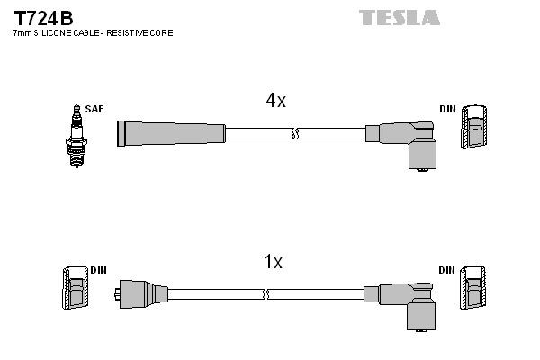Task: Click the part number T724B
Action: [x=43, y=17]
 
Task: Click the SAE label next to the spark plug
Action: [x=94, y=109]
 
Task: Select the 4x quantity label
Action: [x=274, y=101]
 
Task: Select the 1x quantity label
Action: [x=272, y=262]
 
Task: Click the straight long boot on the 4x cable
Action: [x=171, y=133]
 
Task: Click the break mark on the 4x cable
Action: [x=294, y=134]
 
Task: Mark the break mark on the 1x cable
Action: [x=266, y=294]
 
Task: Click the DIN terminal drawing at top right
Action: [x=476, y=128]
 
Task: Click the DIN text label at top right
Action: [x=447, y=109]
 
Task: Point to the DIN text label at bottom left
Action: [x=98, y=270]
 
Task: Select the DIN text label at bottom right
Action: [x=447, y=270]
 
